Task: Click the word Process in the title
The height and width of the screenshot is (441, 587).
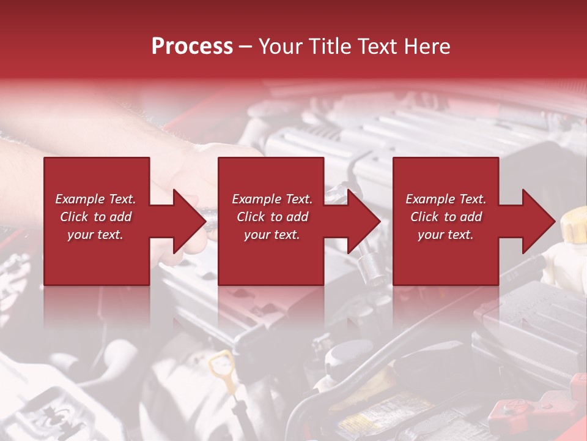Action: coord(192,47)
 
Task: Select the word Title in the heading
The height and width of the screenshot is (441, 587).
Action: coord(329,47)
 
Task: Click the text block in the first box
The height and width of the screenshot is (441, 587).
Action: coord(95,217)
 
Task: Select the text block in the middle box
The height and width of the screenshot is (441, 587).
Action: coord(272,217)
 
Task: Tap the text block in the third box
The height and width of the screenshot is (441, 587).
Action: coord(446,217)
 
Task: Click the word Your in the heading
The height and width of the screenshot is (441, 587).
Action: coord(281,47)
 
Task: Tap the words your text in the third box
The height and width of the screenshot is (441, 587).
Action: coord(446,235)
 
